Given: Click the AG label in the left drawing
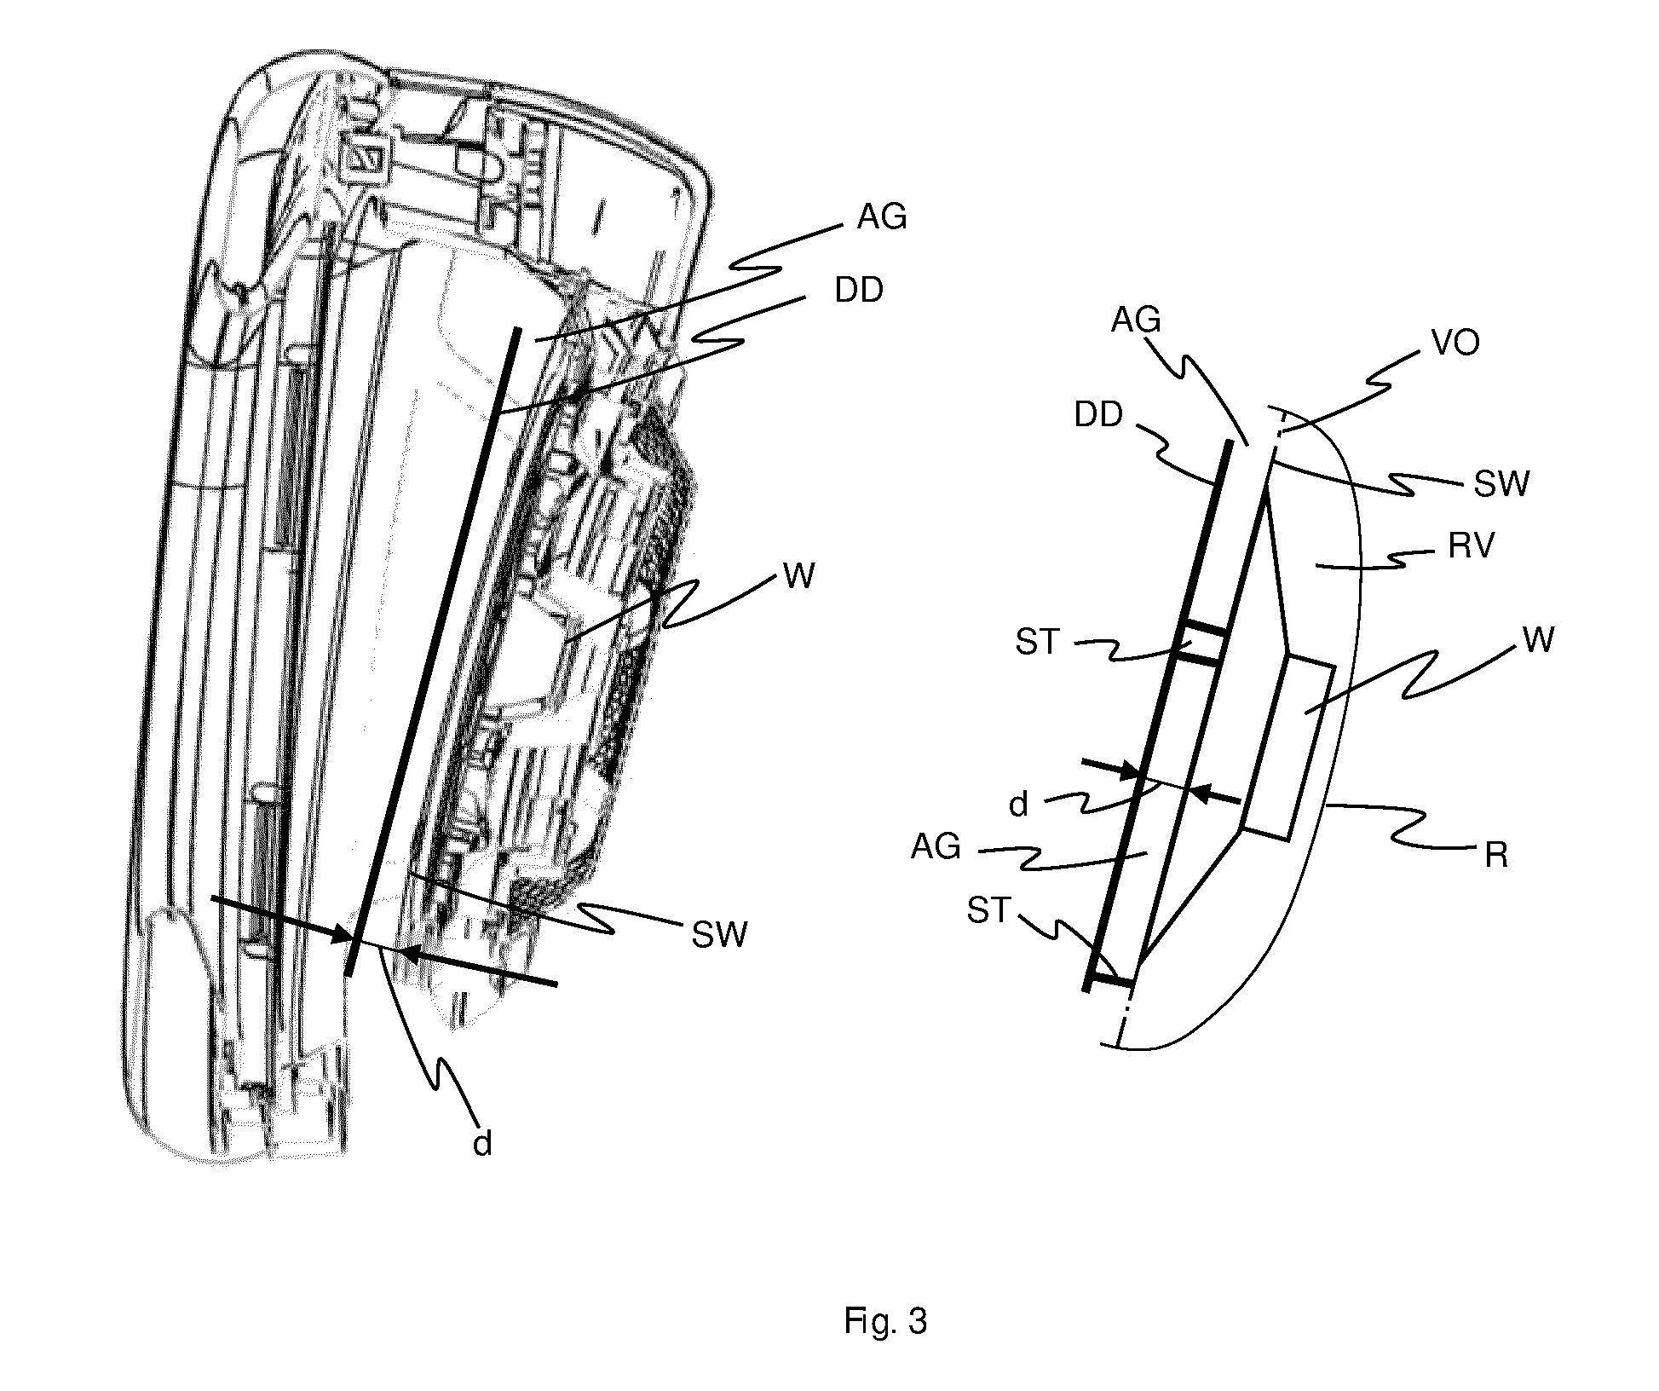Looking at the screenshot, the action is coord(881,218).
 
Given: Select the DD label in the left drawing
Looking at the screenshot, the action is coord(859,291).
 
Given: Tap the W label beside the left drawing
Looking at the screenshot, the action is coord(799,577).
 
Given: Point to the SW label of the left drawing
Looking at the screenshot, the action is coord(720,935).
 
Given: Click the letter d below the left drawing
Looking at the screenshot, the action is coord(482,1143).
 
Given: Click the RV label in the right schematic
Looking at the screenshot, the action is coord(1472,546).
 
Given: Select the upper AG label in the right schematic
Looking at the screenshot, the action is coord(1137,320).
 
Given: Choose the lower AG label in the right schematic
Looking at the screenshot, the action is coord(936,847).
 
